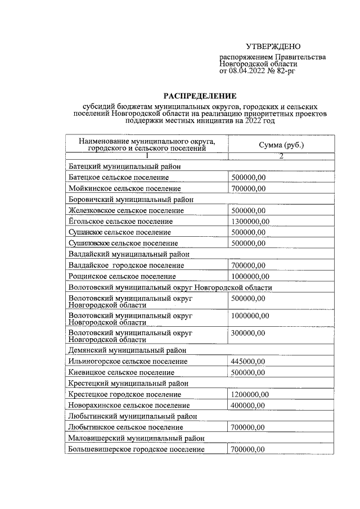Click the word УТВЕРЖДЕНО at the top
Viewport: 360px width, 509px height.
273,46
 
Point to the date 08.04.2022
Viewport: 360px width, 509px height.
247,71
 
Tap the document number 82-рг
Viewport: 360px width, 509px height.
285,71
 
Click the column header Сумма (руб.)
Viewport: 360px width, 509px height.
281,145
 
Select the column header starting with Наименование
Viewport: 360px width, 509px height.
147,145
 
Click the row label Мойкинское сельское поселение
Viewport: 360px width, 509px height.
124,188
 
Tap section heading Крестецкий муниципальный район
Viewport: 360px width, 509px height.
128,384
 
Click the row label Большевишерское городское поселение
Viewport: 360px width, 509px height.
136,449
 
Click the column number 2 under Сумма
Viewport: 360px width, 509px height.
281,156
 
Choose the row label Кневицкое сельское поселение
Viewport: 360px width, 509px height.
121,372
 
